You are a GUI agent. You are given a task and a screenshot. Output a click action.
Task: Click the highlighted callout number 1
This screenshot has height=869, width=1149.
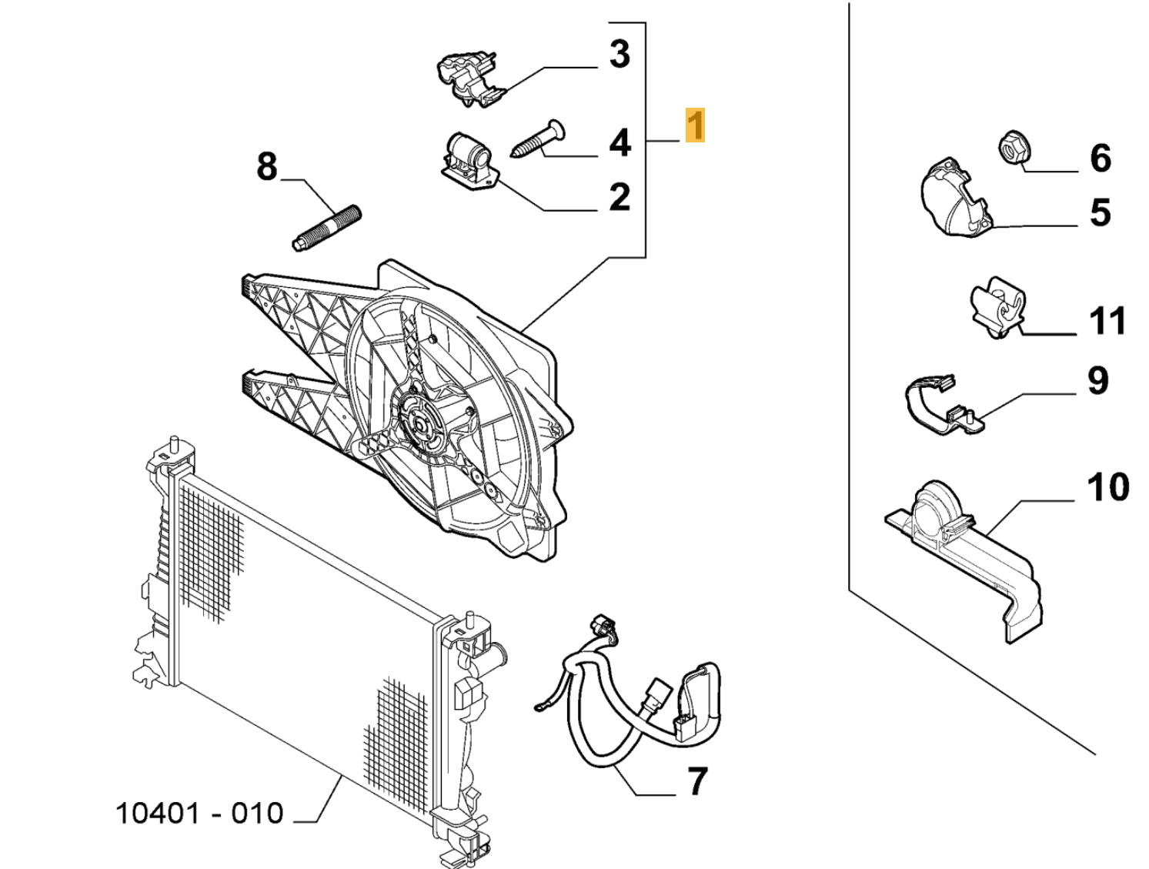point(694,125)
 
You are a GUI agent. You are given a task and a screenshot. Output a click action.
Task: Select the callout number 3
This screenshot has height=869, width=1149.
point(620,55)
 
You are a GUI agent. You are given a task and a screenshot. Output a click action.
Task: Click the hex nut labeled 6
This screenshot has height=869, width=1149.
point(1012,147)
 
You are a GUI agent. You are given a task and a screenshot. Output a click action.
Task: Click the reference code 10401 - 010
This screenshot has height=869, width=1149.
point(199,814)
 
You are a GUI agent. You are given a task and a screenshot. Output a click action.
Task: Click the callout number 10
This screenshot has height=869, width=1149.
point(1107,487)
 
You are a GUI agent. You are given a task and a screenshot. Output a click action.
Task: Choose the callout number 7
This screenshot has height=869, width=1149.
point(696,781)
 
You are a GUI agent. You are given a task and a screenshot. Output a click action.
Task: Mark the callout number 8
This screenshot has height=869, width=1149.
point(266,166)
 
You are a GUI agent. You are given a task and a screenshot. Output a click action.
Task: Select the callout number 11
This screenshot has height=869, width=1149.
point(1107,321)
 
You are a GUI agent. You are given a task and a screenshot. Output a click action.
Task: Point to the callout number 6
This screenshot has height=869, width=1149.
point(1100,158)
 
